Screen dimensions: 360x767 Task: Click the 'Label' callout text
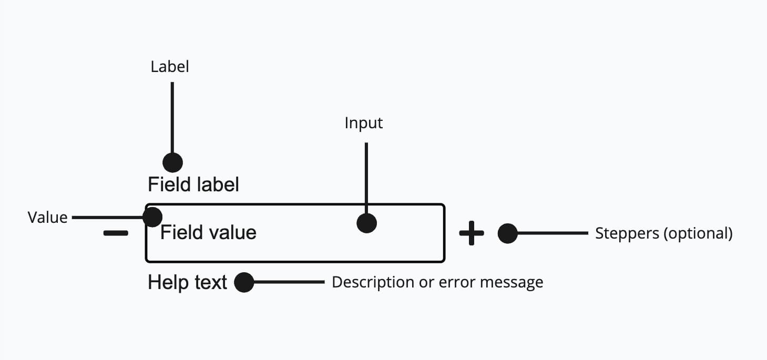(169, 67)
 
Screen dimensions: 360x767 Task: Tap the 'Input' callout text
(364, 123)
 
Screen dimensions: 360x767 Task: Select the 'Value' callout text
(48, 218)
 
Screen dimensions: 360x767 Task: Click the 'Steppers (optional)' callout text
(663, 233)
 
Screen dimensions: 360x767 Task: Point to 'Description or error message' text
(437, 283)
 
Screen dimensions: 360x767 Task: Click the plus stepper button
(472, 233)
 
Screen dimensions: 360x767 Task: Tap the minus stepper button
(115, 233)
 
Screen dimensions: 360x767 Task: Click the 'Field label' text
(193, 185)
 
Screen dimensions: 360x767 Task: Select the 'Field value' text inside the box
(208, 233)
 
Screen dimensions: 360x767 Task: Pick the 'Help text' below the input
(187, 283)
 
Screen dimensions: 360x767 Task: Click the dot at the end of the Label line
(172, 162)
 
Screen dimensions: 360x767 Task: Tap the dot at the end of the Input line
(366, 223)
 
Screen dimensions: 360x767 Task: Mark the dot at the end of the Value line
(152, 216)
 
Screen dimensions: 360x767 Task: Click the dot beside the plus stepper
(507, 233)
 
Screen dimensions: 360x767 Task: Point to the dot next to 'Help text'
(244, 283)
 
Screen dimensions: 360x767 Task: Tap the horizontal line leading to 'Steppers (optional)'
(552, 233)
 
